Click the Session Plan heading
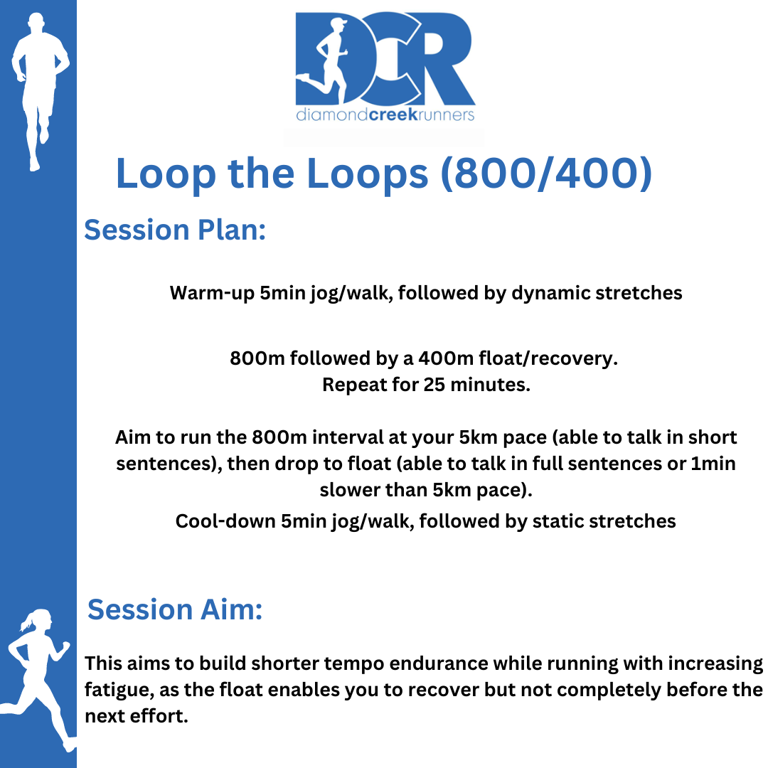[175, 230]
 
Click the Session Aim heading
[175, 610]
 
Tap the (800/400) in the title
[546, 174]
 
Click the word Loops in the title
[368, 175]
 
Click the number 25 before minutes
[434, 385]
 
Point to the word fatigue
[119, 690]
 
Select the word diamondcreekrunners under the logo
[385, 114]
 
